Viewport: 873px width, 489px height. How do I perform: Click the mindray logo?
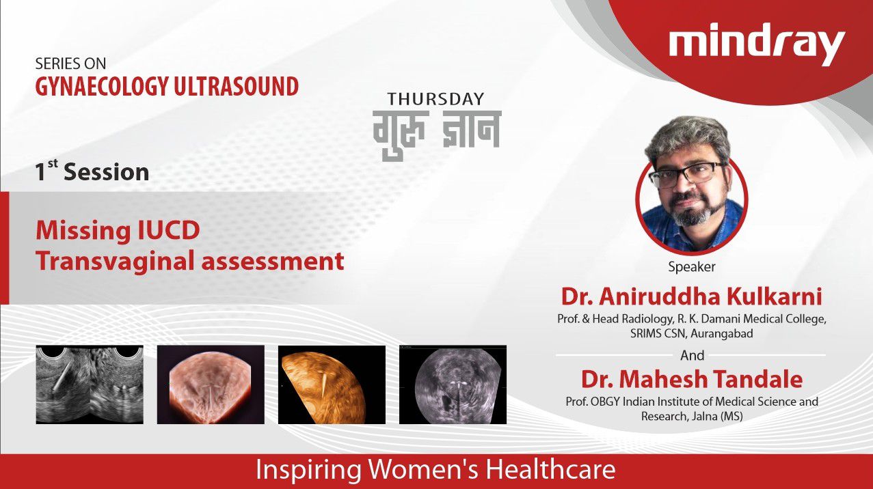[x=757, y=44]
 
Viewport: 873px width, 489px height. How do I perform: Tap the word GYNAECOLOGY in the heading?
[x=102, y=87]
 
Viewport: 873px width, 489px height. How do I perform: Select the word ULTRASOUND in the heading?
[x=236, y=86]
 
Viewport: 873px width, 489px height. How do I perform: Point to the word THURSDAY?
[x=435, y=99]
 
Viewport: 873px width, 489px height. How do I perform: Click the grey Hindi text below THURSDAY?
[x=437, y=135]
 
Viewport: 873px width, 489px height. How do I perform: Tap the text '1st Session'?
[x=92, y=171]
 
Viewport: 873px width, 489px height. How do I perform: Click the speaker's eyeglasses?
[x=688, y=175]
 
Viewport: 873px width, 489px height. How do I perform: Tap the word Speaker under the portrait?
[x=692, y=267]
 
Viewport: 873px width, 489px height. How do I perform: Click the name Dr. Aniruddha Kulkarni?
[x=691, y=296]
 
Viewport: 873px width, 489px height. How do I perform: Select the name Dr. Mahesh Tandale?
[x=692, y=379]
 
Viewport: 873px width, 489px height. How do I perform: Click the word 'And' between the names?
[x=692, y=355]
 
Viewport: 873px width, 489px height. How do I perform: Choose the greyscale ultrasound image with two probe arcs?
[x=90, y=385]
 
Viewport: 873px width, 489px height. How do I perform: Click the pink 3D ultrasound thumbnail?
[x=211, y=385]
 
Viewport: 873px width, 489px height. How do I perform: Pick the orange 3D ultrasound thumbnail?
[x=332, y=385]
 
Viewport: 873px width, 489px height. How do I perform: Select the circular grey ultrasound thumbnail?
[x=453, y=385]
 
